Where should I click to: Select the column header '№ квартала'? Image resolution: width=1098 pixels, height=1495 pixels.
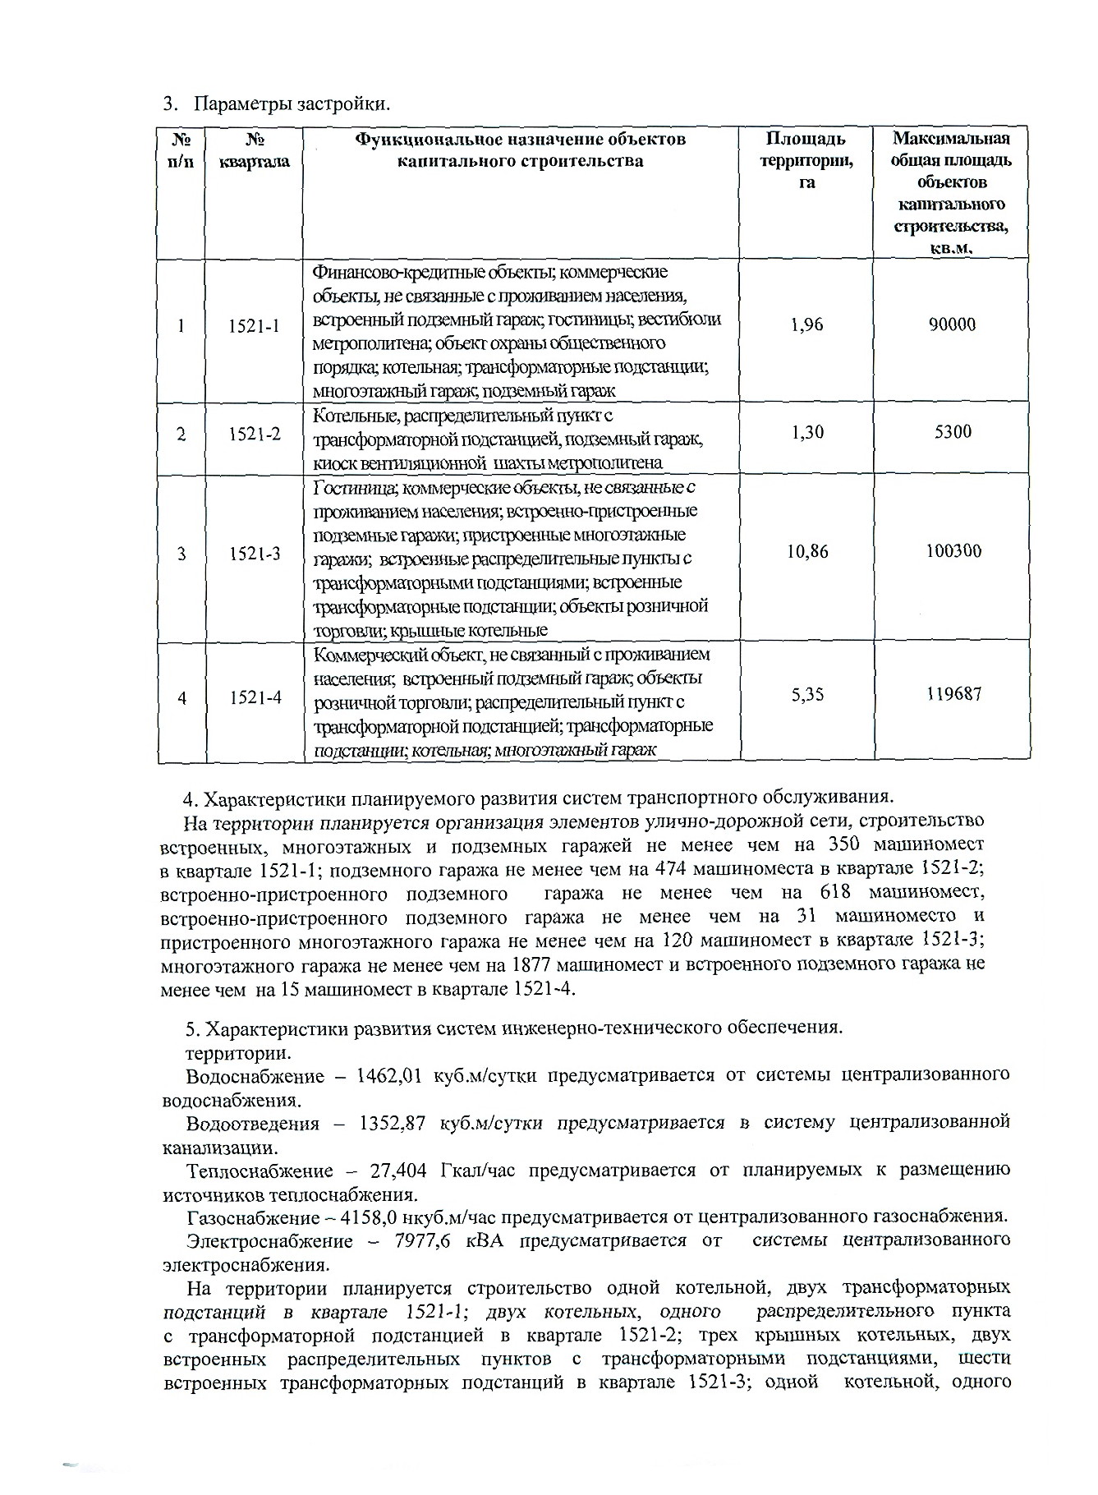pos(255,150)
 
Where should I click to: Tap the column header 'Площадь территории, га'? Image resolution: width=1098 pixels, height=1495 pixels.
pos(806,161)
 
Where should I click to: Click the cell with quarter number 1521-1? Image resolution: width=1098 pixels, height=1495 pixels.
pos(255,326)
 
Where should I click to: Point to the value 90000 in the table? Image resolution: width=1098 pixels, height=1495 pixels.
pos(952,324)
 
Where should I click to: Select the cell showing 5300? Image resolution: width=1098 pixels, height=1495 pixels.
pos(953,431)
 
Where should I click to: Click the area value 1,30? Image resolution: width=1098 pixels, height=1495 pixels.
pos(807,431)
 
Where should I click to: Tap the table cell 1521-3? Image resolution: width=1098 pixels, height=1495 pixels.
pos(255,554)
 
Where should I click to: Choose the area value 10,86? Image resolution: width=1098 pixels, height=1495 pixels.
pos(807,551)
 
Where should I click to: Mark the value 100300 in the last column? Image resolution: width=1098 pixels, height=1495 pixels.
pos(953,551)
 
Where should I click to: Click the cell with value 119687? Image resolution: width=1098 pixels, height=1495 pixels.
pos(953,694)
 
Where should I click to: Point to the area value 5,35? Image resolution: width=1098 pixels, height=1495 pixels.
pos(807,695)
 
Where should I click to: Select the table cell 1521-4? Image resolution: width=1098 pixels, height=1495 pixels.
pos(255,697)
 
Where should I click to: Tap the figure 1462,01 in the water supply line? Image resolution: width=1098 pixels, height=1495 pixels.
pos(385,1075)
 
